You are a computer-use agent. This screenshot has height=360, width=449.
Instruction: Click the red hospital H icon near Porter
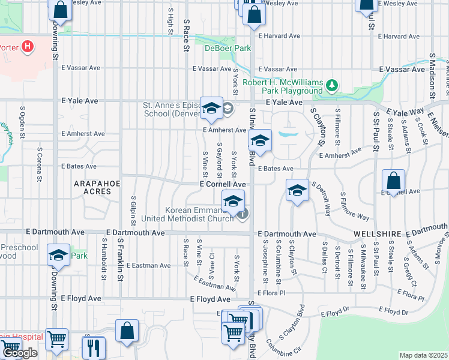(27, 46)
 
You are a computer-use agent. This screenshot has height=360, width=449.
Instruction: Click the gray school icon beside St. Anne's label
(228, 109)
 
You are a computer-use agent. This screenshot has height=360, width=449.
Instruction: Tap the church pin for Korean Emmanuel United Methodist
(242, 213)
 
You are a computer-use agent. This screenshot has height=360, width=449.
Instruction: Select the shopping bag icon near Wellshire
(393, 181)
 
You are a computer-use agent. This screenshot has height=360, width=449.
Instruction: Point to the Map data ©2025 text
(423, 355)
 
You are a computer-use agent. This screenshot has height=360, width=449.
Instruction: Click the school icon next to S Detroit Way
(297, 190)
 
